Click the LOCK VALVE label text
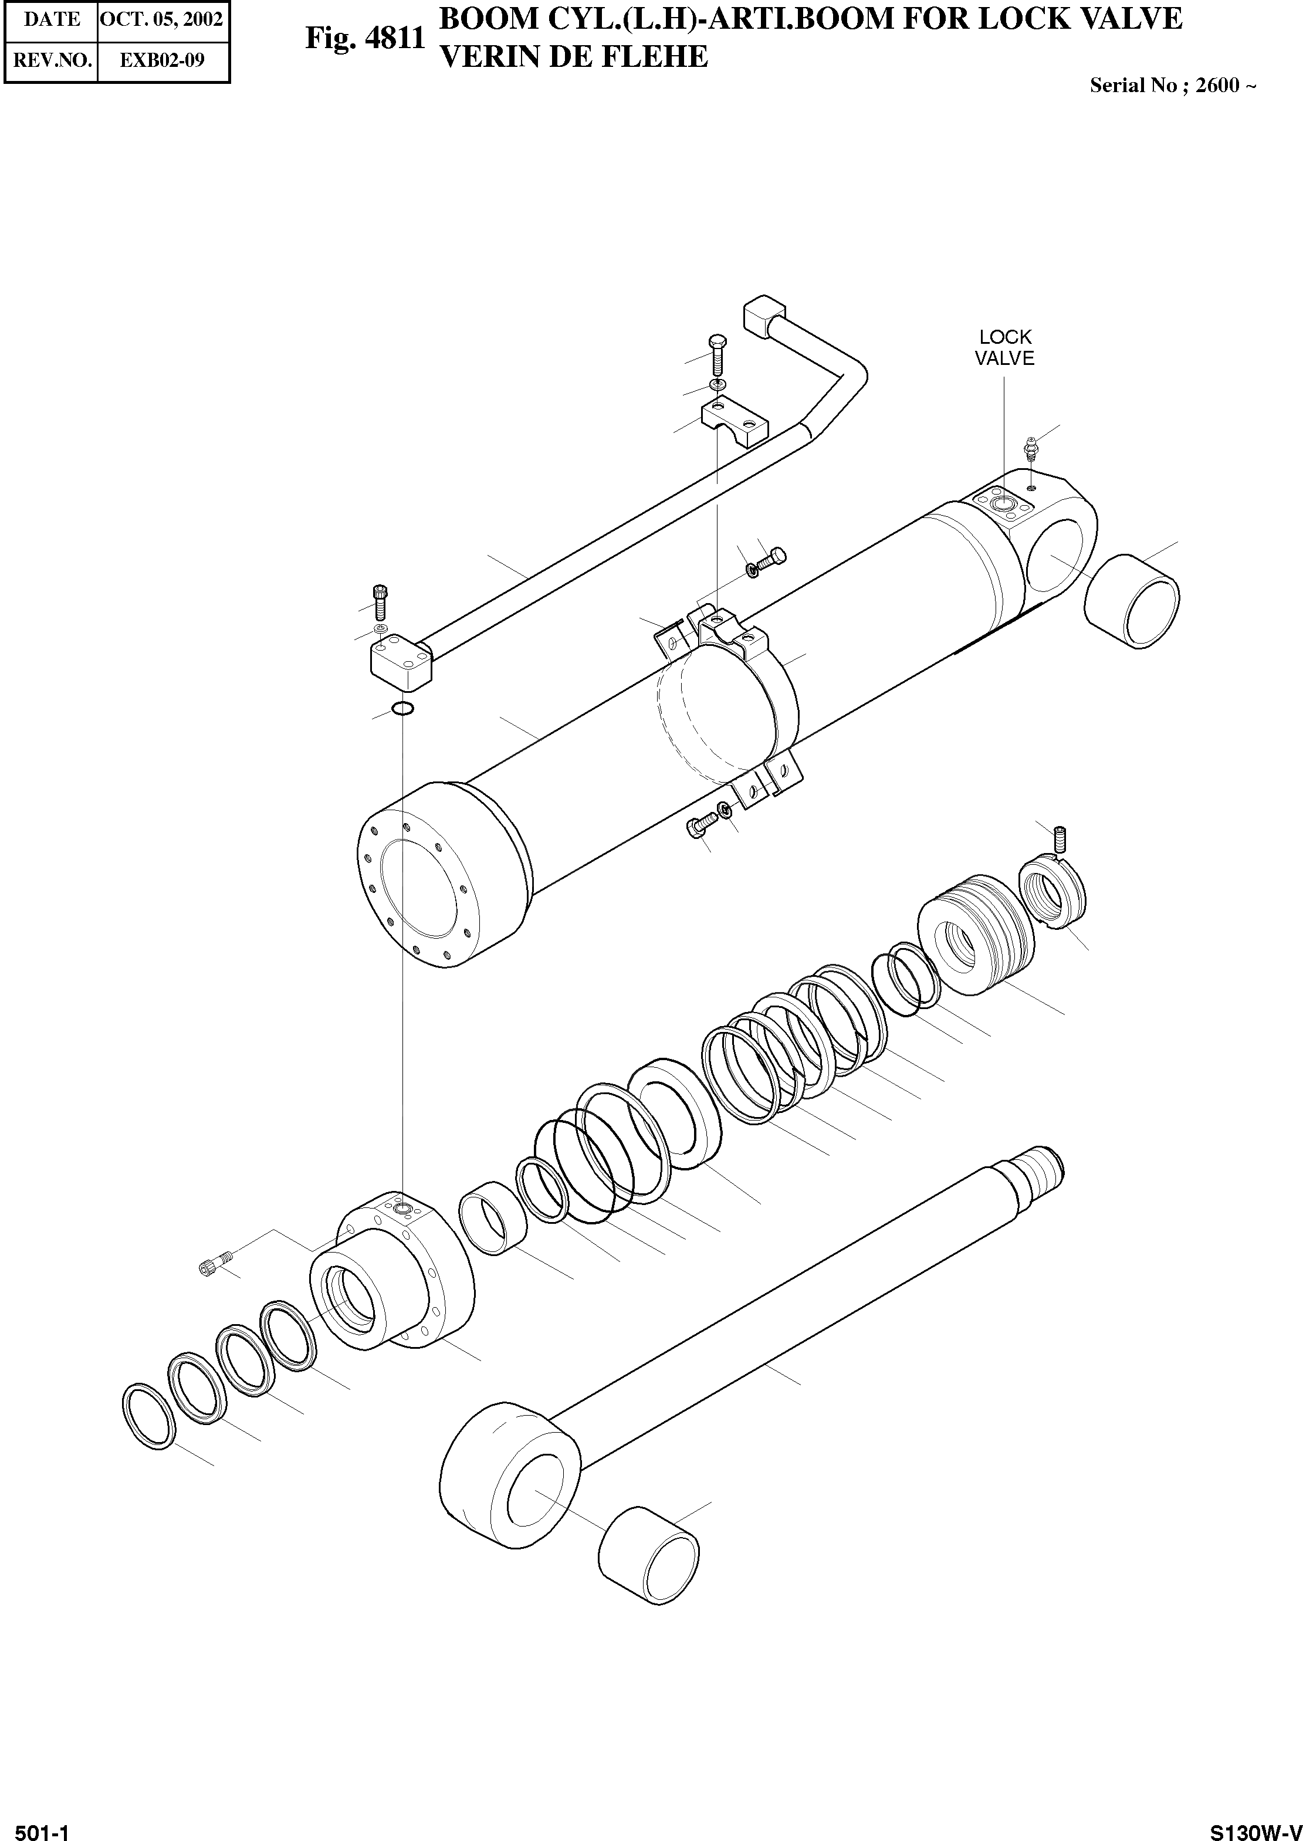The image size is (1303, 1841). tap(1004, 348)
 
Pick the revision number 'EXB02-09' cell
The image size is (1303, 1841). tap(161, 60)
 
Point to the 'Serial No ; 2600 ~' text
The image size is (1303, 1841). tap(1172, 86)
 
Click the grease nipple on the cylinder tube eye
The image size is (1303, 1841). tap(1031, 449)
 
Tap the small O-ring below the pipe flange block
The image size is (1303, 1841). tap(403, 708)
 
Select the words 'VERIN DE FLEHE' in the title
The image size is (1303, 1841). tap(574, 57)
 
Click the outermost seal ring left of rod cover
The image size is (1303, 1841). tap(148, 1416)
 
